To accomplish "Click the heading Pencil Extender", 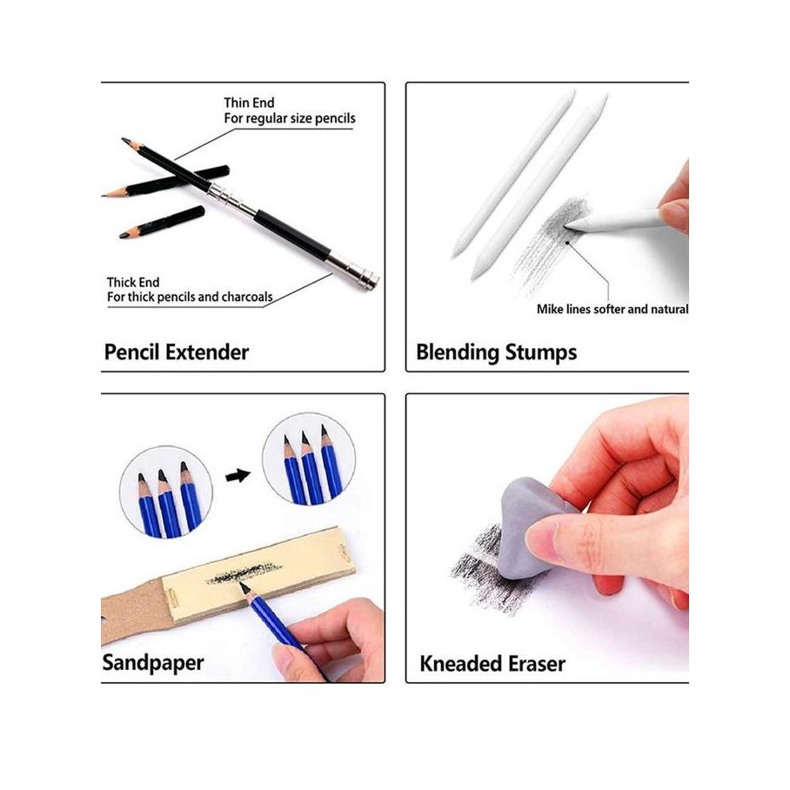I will tap(177, 352).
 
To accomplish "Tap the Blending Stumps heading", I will tap(496, 352).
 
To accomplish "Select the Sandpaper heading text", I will tap(153, 662).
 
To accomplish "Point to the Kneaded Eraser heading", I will tap(492, 664).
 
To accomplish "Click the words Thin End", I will tap(249, 103).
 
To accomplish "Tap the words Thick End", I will tap(133, 282).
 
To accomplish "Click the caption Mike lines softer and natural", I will tap(612, 309).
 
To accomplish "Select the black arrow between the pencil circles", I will tap(238, 475).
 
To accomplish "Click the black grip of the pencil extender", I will tap(291, 234).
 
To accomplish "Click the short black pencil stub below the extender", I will tap(163, 222).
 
